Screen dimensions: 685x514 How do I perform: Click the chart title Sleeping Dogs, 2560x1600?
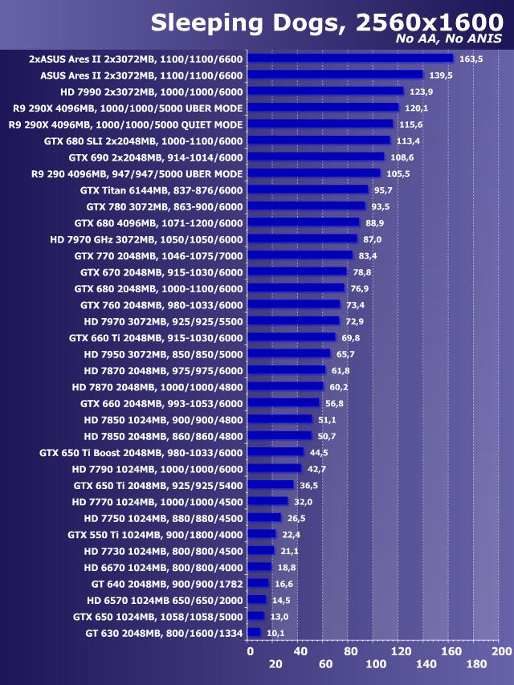pyautogui.click(x=326, y=21)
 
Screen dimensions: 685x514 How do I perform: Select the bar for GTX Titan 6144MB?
pyautogui.click(x=308, y=190)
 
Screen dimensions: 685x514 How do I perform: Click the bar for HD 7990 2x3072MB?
pyautogui.click(x=325, y=91)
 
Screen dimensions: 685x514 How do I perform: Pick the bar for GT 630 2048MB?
pyautogui.click(x=255, y=633)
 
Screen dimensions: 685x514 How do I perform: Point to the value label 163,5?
pyautogui.click(x=471, y=59)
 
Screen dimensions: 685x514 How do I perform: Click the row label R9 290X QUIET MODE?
pyautogui.click(x=125, y=124)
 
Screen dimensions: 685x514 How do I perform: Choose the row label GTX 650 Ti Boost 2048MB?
pyautogui.click(x=141, y=452)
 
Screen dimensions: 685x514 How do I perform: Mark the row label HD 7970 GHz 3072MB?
pyautogui.click(x=145, y=239)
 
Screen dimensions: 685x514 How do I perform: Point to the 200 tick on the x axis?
pyautogui.click(x=501, y=650)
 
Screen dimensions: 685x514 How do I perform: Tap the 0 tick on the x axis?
pyautogui.click(x=250, y=650)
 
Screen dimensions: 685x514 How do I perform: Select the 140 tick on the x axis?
pyautogui.click(x=426, y=664)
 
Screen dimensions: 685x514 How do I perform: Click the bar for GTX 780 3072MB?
pyautogui.click(x=307, y=206)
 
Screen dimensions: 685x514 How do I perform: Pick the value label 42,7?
pyautogui.click(x=316, y=469)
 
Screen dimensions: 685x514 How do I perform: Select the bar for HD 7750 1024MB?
pyautogui.click(x=265, y=518)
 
